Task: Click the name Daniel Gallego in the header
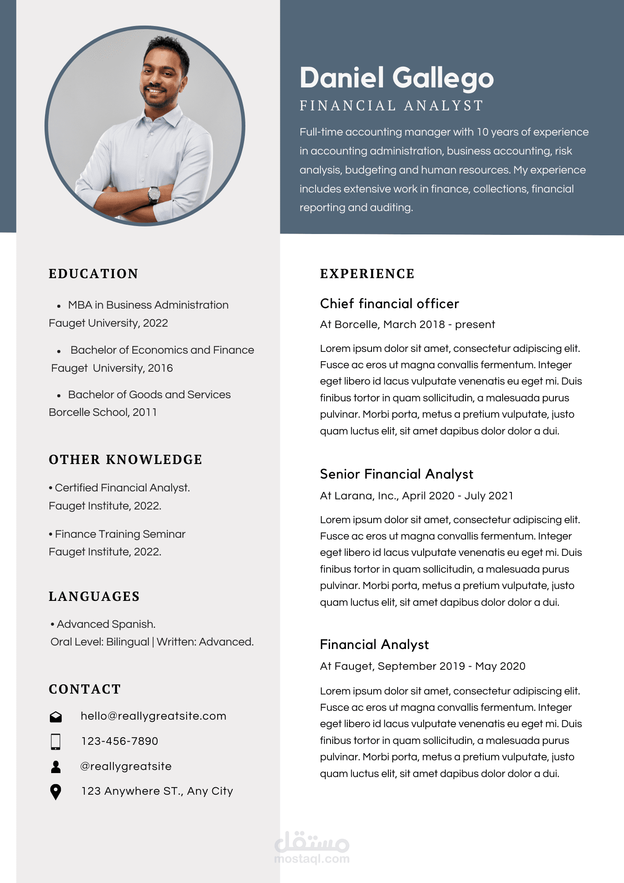396,78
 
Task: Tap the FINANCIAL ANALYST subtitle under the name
391,106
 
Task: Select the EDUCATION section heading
94,274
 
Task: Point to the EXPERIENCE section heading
367,274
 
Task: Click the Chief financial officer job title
389,304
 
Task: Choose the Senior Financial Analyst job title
396,474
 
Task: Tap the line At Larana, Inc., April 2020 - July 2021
417,496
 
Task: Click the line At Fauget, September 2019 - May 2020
422,666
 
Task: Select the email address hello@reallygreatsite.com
153,716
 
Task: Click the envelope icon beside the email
56,717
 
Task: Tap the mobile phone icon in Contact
56,742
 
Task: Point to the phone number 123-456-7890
120,741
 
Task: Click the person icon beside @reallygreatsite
56,766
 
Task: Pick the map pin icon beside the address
56,792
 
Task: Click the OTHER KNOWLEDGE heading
125,460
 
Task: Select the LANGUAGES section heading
94,596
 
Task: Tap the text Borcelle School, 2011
103,412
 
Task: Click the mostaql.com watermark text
312,859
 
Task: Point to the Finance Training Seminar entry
120,534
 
